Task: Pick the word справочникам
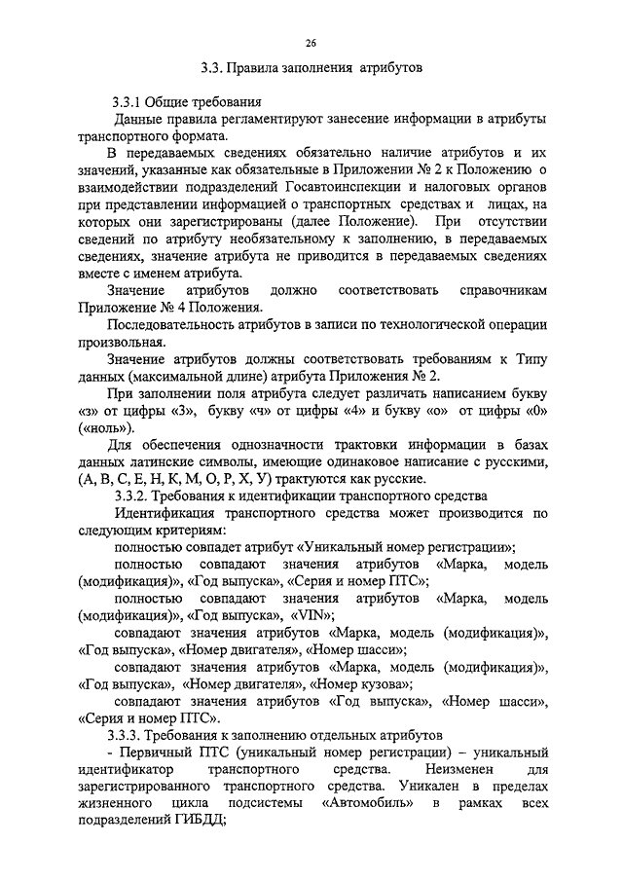(500, 291)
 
